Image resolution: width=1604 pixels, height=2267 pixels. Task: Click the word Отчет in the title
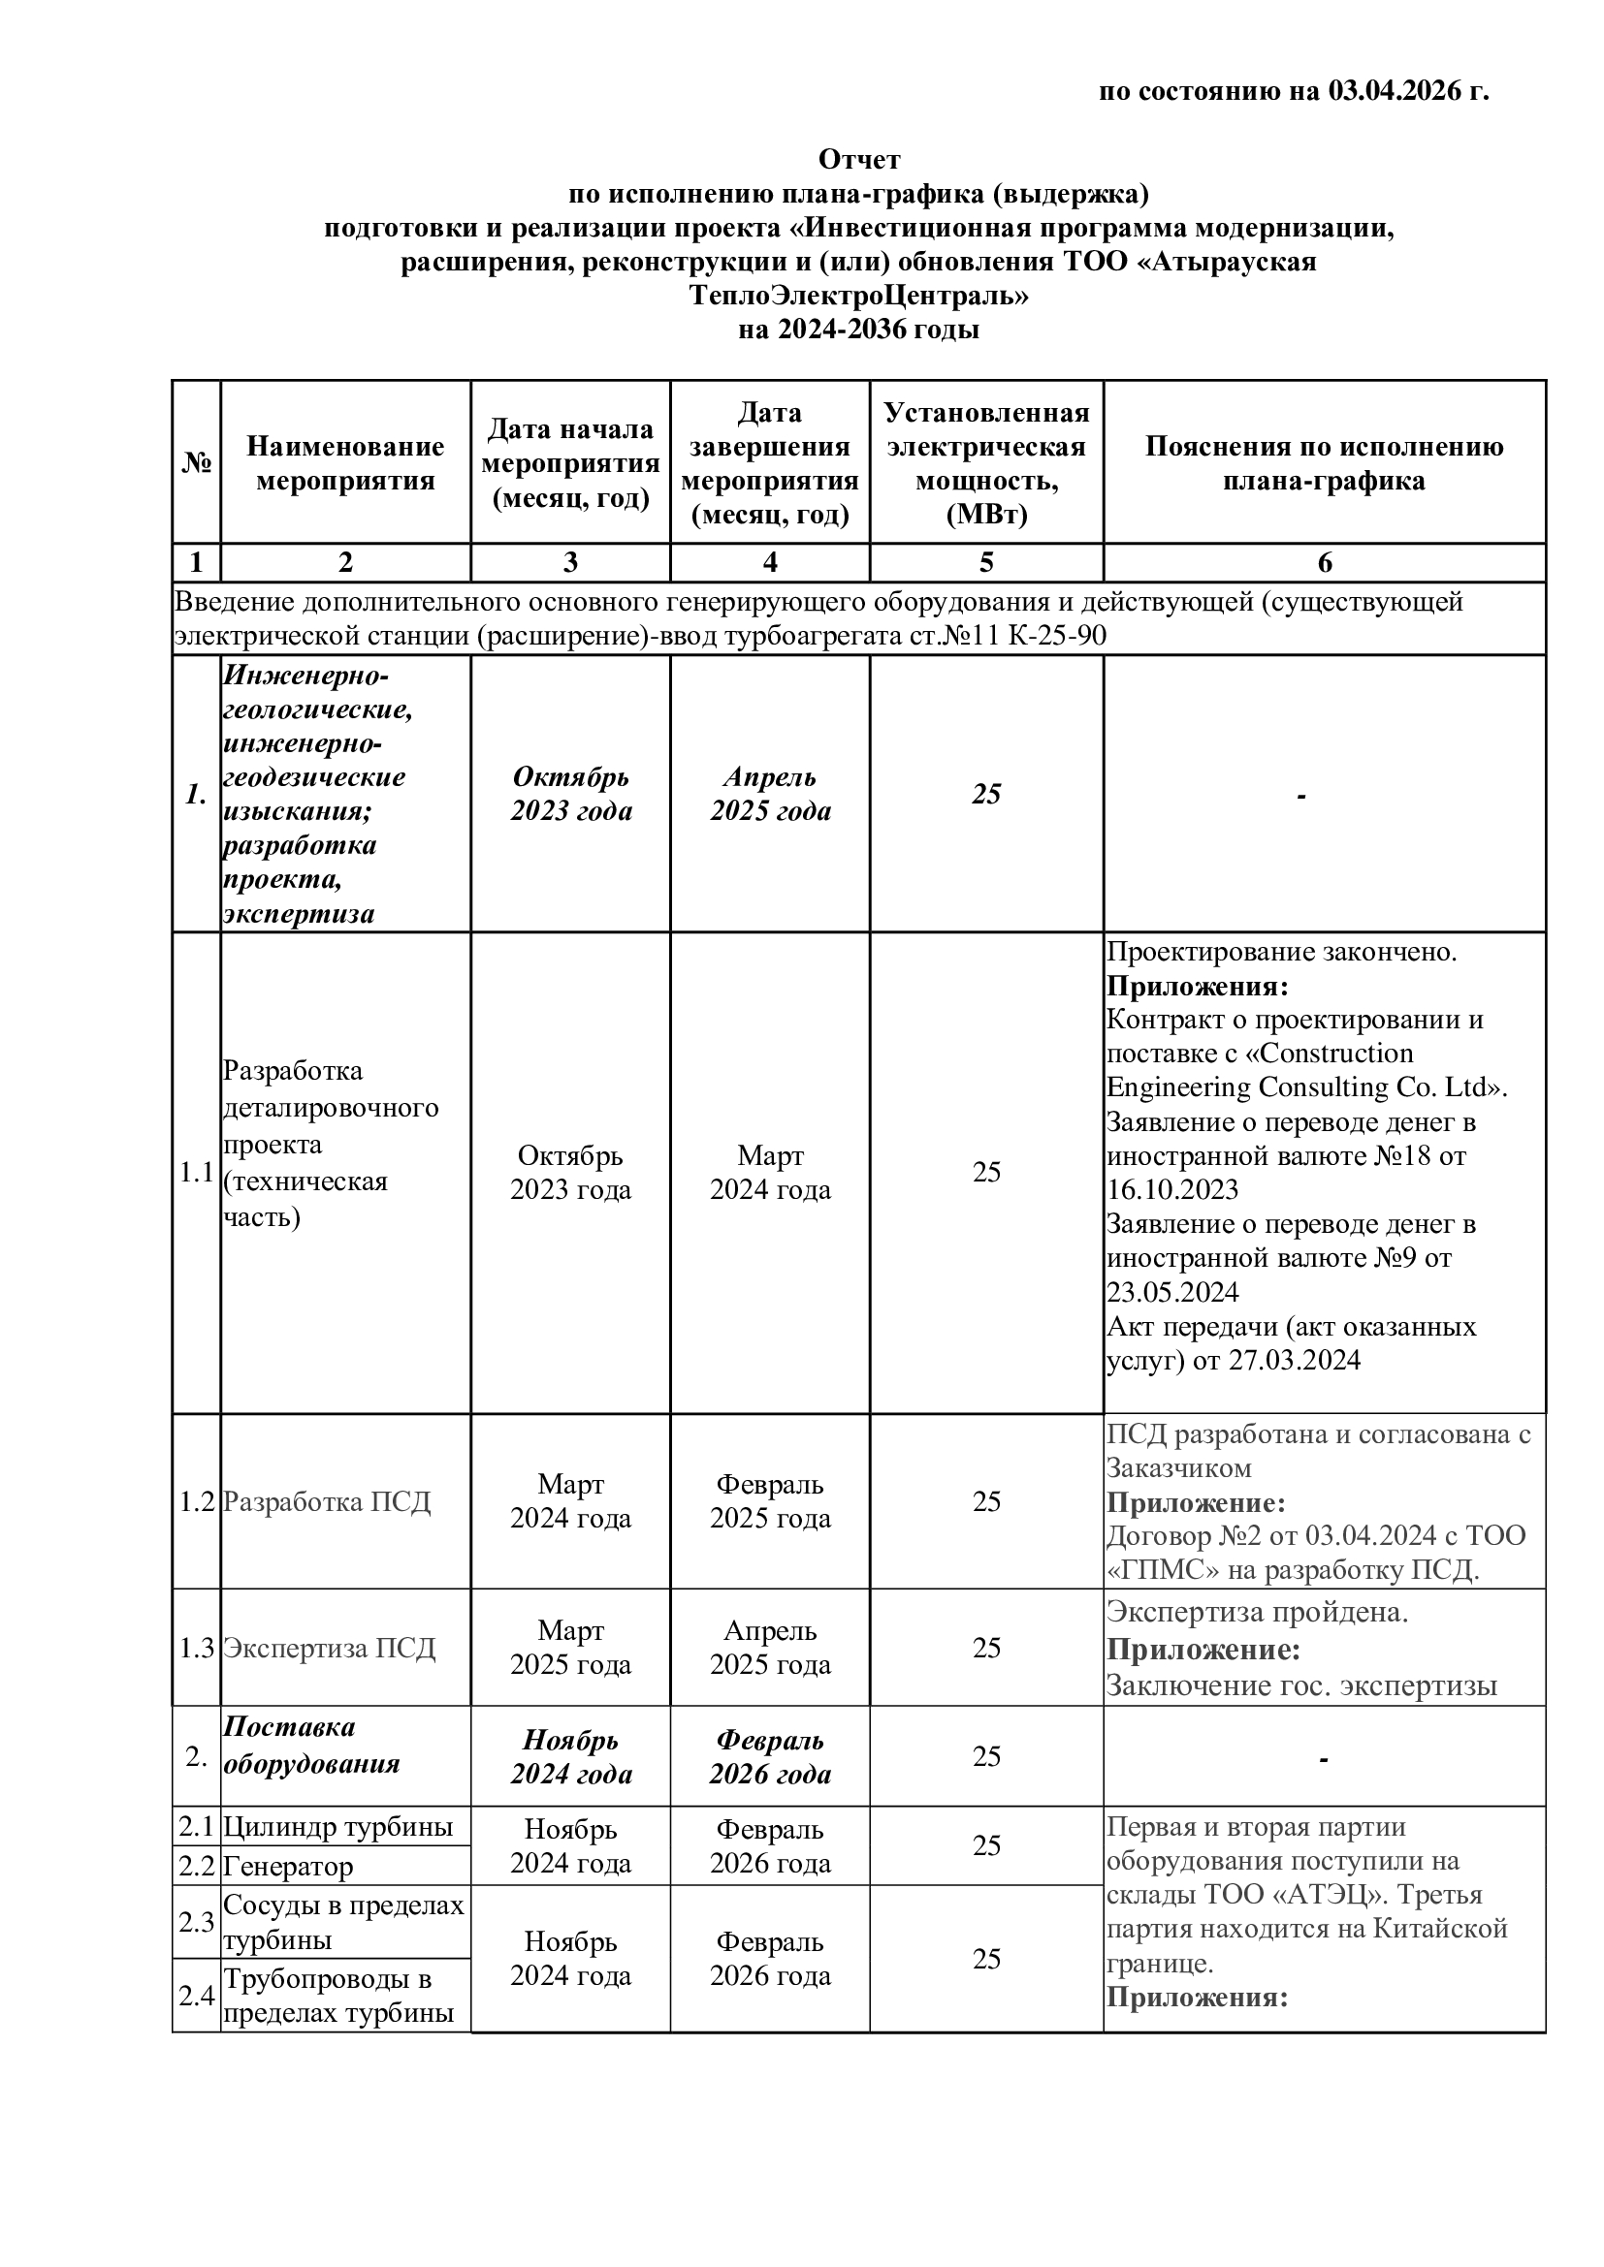[858, 159]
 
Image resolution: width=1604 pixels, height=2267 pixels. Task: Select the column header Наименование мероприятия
[344, 463]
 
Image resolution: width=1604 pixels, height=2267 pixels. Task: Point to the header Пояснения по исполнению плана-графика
[1324, 463]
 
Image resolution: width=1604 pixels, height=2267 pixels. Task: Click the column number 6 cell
[1324, 563]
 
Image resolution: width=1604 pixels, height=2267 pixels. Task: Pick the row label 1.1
[197, 1172]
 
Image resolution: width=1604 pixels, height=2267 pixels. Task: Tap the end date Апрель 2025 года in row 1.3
[769, 1648]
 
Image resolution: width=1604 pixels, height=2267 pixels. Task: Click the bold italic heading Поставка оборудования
[311, 1745]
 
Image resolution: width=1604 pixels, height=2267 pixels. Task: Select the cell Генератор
[287, 1866]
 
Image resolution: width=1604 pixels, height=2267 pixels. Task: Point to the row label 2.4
[197, 1996]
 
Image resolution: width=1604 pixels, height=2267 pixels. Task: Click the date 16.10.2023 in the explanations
[1172, 1189]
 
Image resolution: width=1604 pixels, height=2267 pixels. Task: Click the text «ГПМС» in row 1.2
[1147, 1570]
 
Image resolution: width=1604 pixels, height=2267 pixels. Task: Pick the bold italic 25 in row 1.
[985, 794]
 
